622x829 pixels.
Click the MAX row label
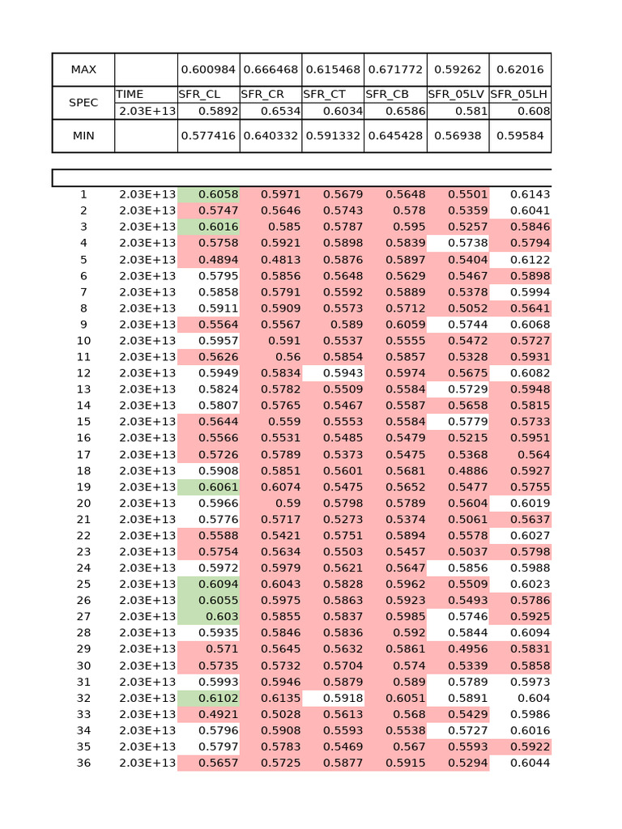click(x=83, y=70)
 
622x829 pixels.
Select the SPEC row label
click(x=83, y=103)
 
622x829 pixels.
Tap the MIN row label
click(x=83, y=136)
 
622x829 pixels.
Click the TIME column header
click(x=130, y=94)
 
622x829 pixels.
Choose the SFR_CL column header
click(x=199, y=94)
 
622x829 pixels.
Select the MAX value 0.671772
click(x=395, y=70)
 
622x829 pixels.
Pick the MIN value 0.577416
click(x=209, y=136)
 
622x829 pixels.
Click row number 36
click(x=83, y=763)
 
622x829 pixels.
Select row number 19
click(x=83, y=487)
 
